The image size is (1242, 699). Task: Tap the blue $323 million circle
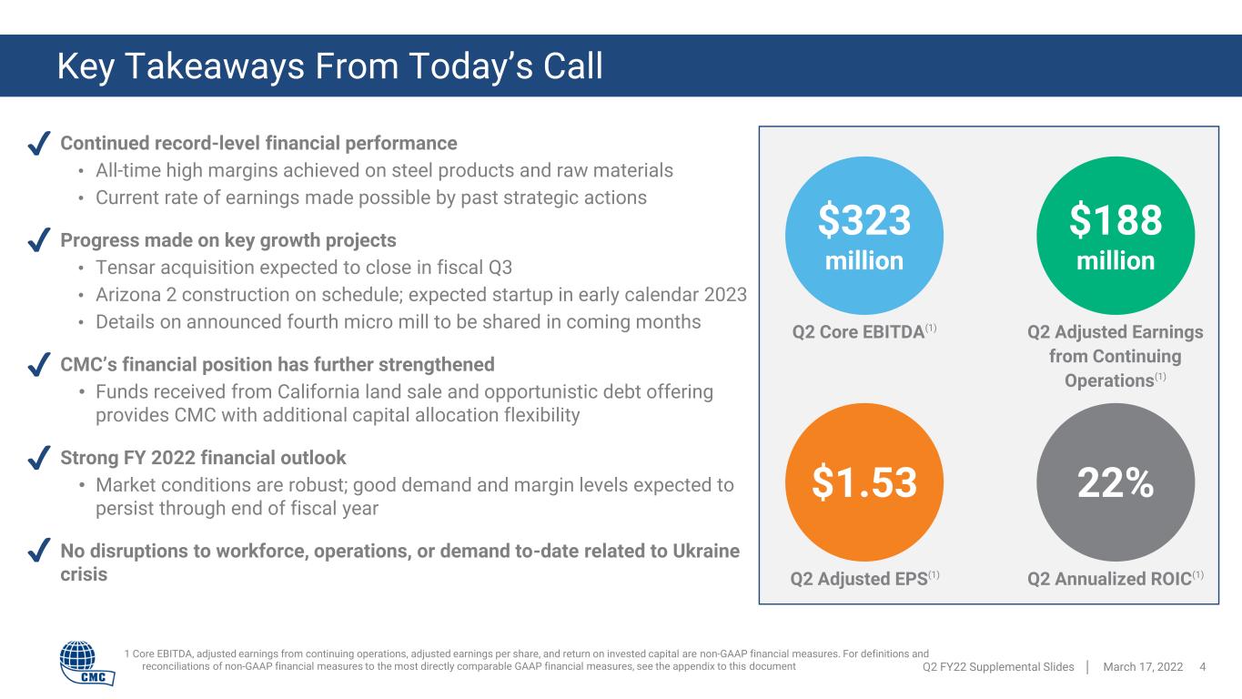pyautogui.click(x=863, y=236)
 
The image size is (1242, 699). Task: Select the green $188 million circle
pyautogui.click(x=1115, y=236)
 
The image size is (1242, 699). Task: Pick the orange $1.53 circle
pyautogui.click(x=863, y=482)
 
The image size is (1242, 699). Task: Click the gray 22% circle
pyautogui.click(x=1115, y=482)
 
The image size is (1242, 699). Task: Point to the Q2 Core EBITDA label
pyautogui.click(x=863, y=331)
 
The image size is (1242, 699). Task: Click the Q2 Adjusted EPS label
pyautogui.click(x=864, y=578)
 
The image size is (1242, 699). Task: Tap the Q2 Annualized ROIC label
pyautogui.click(x=1115, y=578)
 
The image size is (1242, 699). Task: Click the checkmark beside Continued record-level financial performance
pyautogui.click(x=39, y=143)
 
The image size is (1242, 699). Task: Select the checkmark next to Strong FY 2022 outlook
pyautogui.click(x=39, y=458)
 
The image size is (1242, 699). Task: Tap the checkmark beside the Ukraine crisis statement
pyautogui.click(x=39, y=551)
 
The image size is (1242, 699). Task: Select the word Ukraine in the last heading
pyautogui.click(x=706, y=551)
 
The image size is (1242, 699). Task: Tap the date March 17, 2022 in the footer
pyautogui.click(x=1143, y=667)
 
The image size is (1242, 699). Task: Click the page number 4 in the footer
pyautogui.click(x=1203, y=667)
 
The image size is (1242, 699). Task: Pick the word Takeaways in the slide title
pyautogui.click(x=215, y=66)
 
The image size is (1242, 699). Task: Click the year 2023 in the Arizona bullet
pyautogui.click(x=725, y=295)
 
